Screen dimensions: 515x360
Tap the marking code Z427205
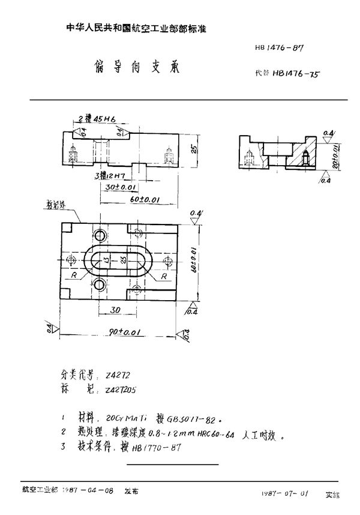pos(120,390)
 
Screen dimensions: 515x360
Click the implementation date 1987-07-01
pos(286,492)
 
